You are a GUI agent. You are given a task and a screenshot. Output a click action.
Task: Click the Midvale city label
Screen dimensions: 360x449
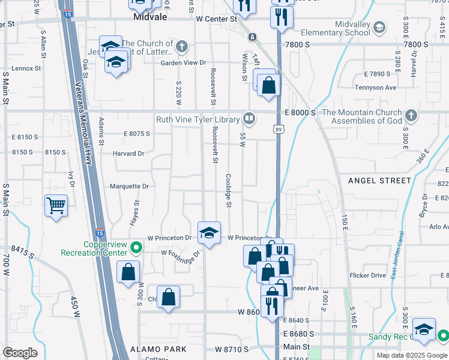(x=149, y=19)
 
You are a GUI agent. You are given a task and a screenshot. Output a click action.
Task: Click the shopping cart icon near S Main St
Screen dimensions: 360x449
(x=56, y=206)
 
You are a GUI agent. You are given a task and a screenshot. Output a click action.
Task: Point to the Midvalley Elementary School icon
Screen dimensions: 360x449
(x=379, y=27)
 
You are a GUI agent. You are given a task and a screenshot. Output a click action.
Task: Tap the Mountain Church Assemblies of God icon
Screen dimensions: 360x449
(x=411, y=115)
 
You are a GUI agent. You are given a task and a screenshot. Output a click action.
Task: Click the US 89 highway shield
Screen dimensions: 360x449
(x=278, y=129)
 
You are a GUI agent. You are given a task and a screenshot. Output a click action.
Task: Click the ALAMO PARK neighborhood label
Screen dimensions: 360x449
(x=158, y=349)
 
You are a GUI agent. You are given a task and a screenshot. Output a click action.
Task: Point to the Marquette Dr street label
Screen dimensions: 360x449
(x=128, y=186)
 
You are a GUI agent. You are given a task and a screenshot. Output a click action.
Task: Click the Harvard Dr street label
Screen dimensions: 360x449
(x=128, y=154)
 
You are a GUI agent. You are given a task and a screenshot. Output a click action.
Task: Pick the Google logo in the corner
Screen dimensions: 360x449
(x=20, y=352)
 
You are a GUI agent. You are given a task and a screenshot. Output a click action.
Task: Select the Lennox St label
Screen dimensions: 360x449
(x=25, y=68)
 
